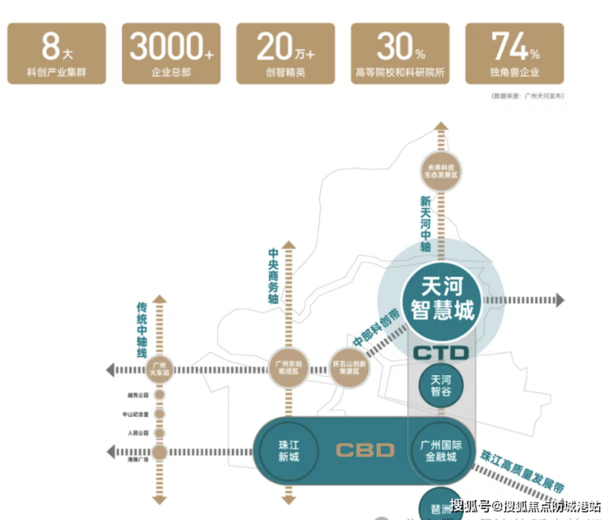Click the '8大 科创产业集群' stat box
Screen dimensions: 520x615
tap(57, 53)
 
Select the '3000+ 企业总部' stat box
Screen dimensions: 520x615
tap(171, 53)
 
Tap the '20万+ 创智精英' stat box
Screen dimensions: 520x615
tap(285, 53)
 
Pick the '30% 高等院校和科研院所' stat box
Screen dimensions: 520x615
tap(400, 53)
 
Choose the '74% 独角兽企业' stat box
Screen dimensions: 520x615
tap(515, 53)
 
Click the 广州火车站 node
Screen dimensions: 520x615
tap(159, 369)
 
